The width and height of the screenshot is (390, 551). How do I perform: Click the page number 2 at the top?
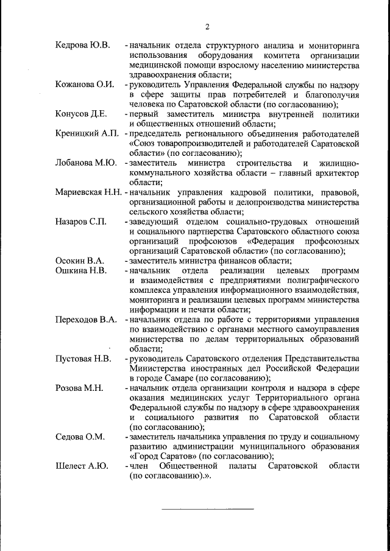(207, 27)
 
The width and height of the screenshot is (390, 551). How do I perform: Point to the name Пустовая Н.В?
(83, 359)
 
